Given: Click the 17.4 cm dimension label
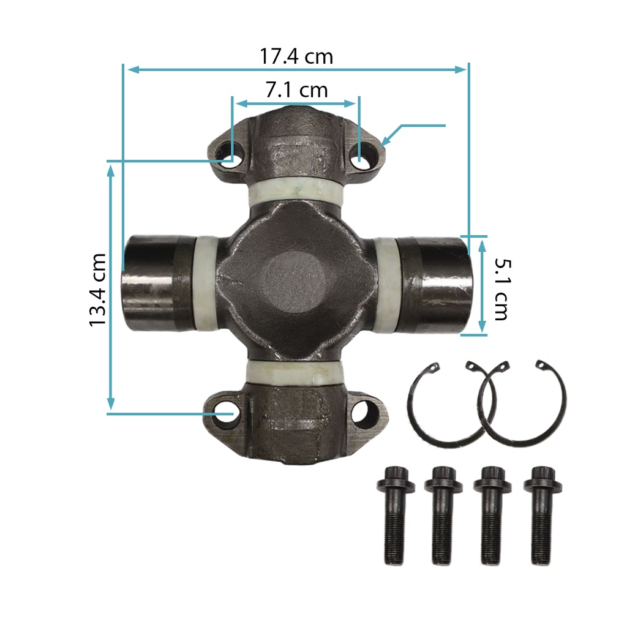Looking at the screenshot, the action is tap(296, 56).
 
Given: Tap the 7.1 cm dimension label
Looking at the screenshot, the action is tap(297, 90).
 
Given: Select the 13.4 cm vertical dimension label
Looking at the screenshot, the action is tap(97, 290).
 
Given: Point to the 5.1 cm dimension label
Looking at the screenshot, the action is tap(502, 289).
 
